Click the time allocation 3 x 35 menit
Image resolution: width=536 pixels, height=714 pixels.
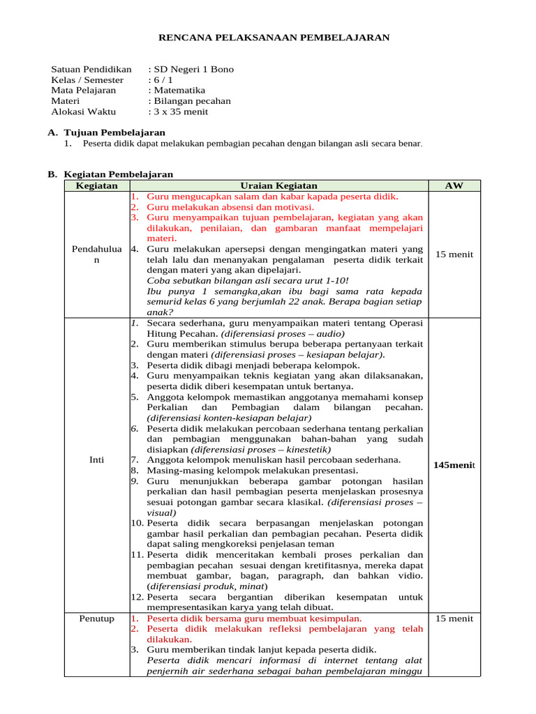pyautogui.click(x=180, y=111)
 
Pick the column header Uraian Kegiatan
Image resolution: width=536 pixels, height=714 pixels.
pyautogui.click(x=278, y=185)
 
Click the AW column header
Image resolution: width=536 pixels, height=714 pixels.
pyautogui.click(x=454, y=185)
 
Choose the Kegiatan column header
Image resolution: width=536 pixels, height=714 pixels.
pyautogui.click(x=96, y=185)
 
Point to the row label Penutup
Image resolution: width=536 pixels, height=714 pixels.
pyautogui.click(x=96, y=618)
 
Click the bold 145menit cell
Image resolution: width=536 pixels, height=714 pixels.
pyautogui.click(x=454, y=464)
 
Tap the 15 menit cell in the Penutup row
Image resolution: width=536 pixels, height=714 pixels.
pyautogui.click(x=454, y=618)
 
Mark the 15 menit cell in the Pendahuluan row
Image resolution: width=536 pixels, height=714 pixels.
pyautogui.click(x=454, y=255)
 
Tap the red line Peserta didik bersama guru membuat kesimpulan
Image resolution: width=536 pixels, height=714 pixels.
pyautogui.click(x=254, y=618)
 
